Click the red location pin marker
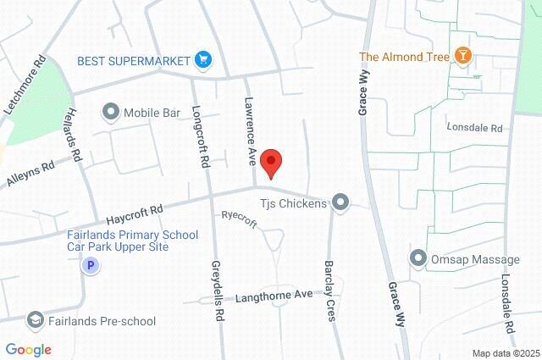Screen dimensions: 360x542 click(270, 161)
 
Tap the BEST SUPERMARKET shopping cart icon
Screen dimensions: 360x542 click(202, 59)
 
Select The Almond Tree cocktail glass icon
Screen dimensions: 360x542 click(463, 57)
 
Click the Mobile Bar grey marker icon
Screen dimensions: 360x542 click(111, 111)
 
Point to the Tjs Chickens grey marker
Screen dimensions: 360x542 click(340, 202)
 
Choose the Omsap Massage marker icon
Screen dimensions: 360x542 click(417, 258)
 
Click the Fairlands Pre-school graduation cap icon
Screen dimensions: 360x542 click(35, 320)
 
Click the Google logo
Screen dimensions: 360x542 click(28, 349)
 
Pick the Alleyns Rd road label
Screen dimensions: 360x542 click(30, 172)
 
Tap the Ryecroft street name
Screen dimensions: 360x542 click(239, 215)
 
